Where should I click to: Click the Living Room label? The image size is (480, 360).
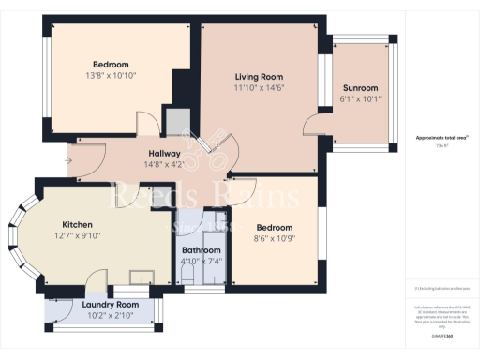[x=259, y=76]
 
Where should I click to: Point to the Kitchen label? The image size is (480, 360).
[x=78, y=225]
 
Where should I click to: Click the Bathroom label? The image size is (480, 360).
[x=202, y=250]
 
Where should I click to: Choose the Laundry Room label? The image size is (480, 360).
[x=110, y=305]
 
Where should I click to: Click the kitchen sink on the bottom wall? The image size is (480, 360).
[x=142, y=277]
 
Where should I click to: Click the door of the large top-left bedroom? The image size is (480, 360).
[x=146, y=124]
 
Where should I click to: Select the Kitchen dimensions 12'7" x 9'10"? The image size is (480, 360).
[x=78, y=236]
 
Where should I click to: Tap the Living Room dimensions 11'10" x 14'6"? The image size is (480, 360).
[x=259, y=87]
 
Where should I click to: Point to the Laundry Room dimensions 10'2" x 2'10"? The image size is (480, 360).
[x=110, y=316]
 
